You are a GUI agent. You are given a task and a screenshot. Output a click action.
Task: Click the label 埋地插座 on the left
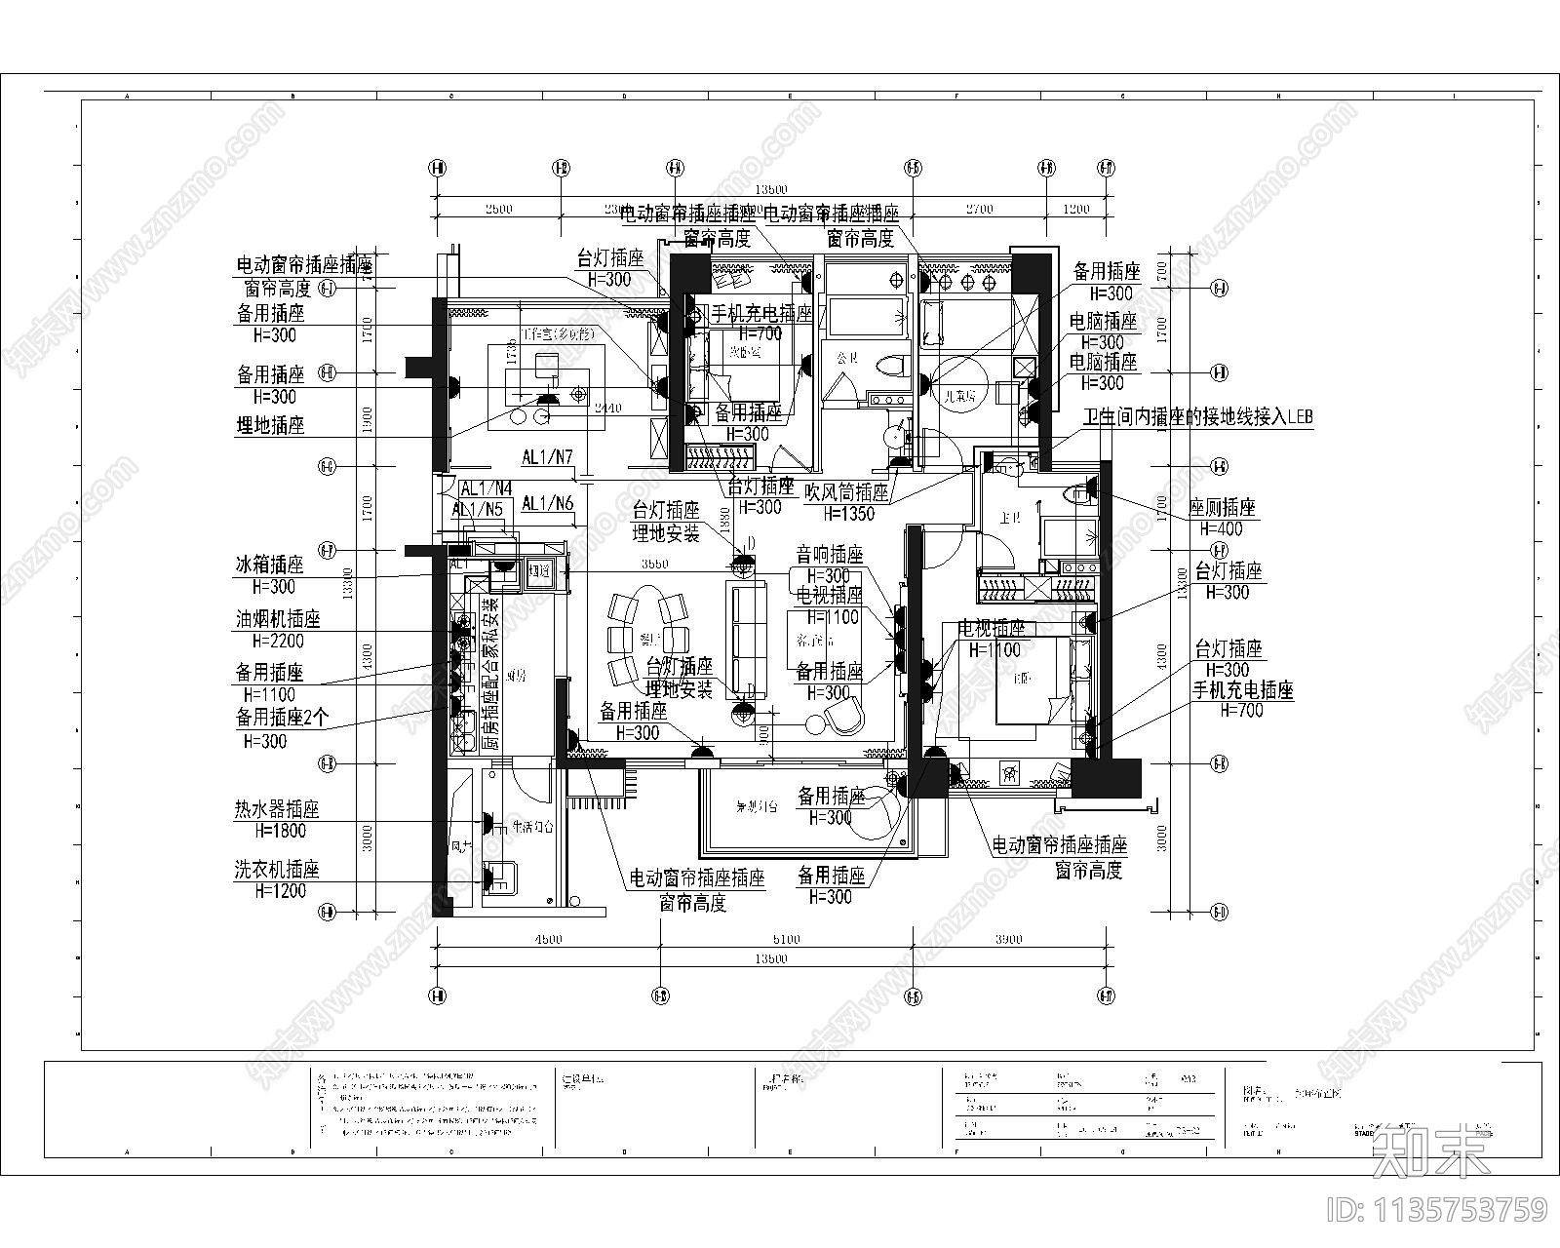pyautogui.click(x=270, y=426)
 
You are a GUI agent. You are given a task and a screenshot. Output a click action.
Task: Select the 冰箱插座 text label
pyautogui.click(x=269, y=565)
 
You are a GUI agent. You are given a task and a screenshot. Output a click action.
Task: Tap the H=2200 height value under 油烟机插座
pyautogui.click(x=278, y=642)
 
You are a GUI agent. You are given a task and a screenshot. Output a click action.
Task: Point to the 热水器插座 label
pyautogui.click(x=277, y=810)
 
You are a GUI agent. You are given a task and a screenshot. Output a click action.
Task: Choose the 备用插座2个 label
pyautogui.click(x=283, y=718)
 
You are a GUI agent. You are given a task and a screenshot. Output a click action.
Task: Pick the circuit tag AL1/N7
pyautogui.click(x=547, y=457)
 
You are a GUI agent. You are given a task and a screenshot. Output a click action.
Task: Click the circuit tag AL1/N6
pyautogui.click(x=548, y=503)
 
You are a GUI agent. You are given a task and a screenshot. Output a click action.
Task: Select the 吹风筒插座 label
pyautogui.click(x=846, y=492)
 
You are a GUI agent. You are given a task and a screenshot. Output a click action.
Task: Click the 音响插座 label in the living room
pyautogui.click(x=830, y=556)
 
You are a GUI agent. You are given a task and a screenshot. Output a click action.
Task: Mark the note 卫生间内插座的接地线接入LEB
pyautogui.click(x=1197, y=417)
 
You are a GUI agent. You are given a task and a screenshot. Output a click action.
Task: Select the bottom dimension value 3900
pyautogui.click(x=1009, y=940)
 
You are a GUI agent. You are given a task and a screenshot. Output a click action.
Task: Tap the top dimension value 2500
pyautogui.click(x=497, y=209)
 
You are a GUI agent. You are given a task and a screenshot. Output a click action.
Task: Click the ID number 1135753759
pyautogui.click(x=1438, y=1210)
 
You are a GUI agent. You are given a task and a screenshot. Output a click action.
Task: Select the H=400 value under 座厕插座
pyautogui.click(x=1221, y=529)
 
